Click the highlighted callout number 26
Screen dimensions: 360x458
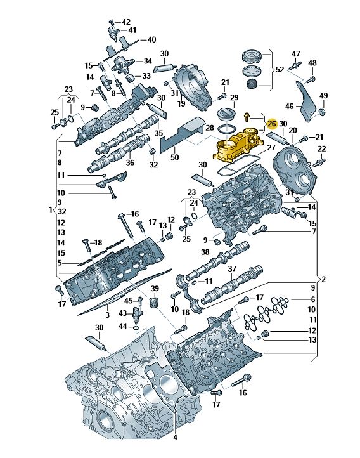point(272,124)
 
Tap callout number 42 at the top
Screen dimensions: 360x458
point(125,22)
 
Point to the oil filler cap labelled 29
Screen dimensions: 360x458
point(226,114)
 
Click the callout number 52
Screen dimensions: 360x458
point(280,70)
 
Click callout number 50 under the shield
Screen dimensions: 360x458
point(174,157)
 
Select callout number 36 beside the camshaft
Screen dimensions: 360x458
point(130,162)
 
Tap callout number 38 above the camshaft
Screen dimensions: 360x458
point(205,252)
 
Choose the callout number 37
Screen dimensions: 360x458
point(232,268)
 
